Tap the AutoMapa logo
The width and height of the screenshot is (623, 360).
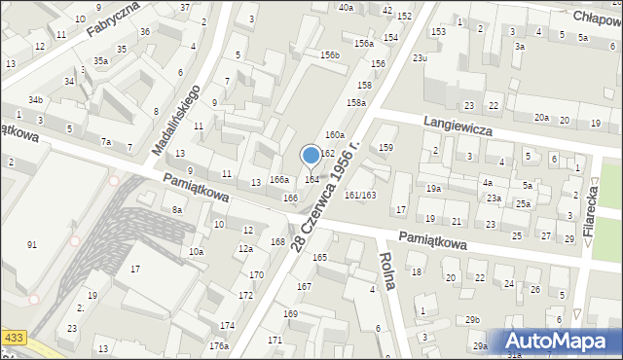pos(559,342)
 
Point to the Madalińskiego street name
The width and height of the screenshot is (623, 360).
pos(176,120)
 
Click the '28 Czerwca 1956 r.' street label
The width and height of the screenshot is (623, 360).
pos(325,196)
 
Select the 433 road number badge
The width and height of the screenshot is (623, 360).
pos(13,337)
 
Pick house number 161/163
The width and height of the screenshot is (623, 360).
pos(360,195)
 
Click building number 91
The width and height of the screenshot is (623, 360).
pos(32,244)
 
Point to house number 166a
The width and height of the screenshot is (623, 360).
pos(279,179)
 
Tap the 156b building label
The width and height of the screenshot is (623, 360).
pos(330,55)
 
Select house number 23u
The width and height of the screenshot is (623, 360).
pos(420,58)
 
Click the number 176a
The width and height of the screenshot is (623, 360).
pos(218,345)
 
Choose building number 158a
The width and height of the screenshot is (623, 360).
pos(356,102)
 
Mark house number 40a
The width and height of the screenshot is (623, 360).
pos(347,7)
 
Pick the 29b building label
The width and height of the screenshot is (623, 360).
pos(473,320)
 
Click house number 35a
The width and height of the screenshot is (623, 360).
pos(100,60)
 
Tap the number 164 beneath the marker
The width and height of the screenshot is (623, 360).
pos(312,179)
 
